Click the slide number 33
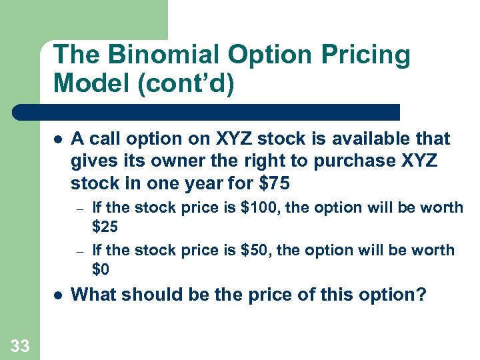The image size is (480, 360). click(19, 345)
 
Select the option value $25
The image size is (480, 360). click(105, 227)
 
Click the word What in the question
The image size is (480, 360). click(93, 294)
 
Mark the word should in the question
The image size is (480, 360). click(149, 294)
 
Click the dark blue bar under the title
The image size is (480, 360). click(207, 111)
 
